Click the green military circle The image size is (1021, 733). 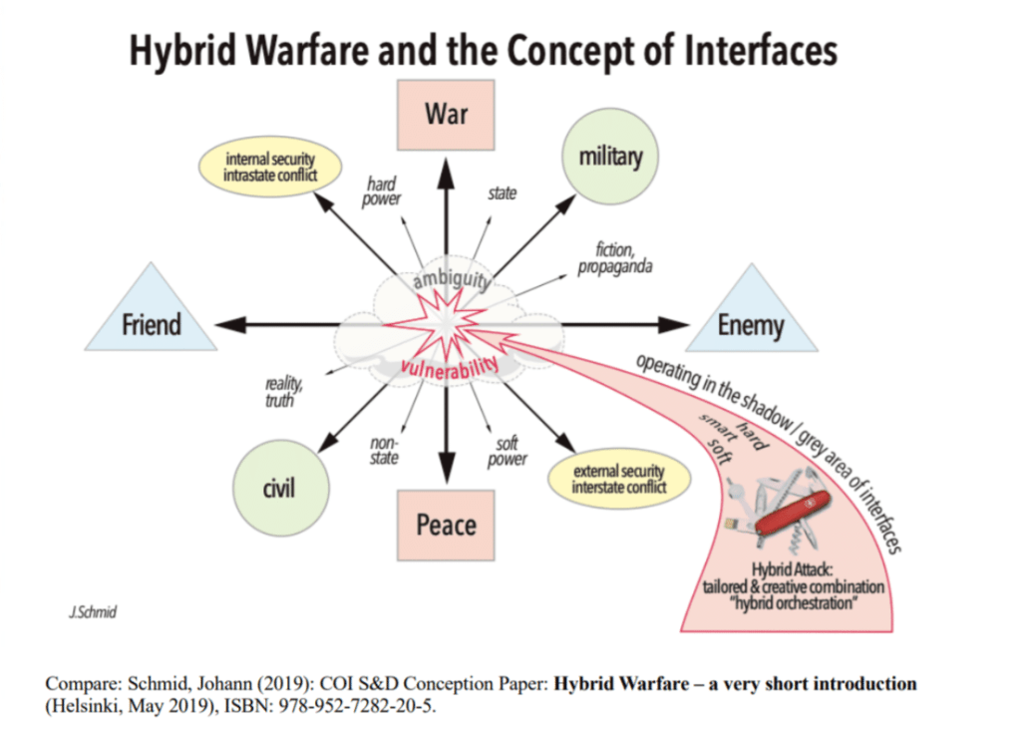[x=610, y=156]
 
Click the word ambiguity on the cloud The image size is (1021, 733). [x=446, y=280]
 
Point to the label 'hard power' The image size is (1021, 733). [x=383, y=190]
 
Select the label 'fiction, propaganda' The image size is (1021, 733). [x=615, y=260]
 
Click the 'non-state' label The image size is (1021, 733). [x=384, y=451]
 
